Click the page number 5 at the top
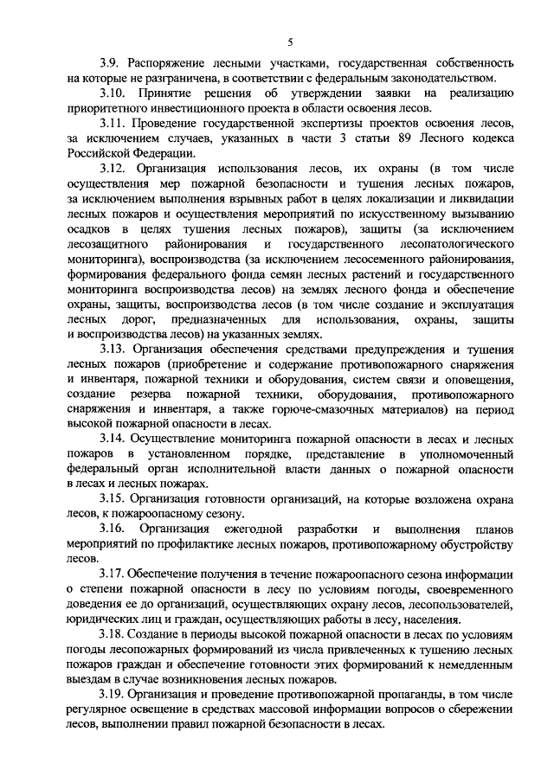[x=291, y=42]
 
